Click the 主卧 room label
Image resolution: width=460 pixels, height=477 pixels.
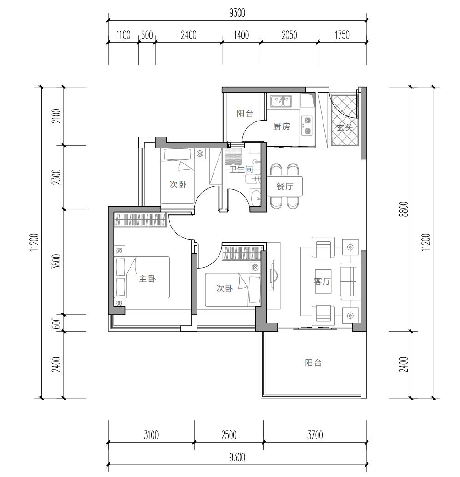pos(147,279)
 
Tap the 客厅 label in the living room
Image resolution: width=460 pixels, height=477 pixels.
pos(323,281)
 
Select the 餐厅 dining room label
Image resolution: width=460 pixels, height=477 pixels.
pos(285,186)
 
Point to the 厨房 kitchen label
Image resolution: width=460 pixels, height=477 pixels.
pos(281,126)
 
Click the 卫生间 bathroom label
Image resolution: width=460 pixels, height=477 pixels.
pos(241,169)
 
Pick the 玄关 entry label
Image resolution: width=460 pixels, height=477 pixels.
pos(345,127)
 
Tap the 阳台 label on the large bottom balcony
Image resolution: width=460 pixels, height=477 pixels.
pos(313,362)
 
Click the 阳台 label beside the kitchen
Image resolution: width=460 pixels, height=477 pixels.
pos(245,114)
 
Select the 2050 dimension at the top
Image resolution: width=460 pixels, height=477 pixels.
pos(289,35)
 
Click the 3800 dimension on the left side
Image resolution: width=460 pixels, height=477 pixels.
pos(57,262)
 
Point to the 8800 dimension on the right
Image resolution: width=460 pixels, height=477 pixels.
pos(404,209)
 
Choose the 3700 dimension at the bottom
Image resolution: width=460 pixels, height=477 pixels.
pos(315,435)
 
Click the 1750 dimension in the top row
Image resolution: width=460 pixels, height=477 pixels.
pos(342,35)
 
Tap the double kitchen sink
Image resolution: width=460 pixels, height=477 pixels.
pos(281,101)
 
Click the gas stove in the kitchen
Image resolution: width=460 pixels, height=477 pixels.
pos(307,126)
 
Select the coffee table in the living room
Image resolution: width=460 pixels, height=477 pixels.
pos(323,281)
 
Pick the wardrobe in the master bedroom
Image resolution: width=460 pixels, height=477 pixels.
pos(140,219)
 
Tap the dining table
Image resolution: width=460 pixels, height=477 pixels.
pos(285,186)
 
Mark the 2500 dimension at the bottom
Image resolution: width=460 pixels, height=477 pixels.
pos(229,435)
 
